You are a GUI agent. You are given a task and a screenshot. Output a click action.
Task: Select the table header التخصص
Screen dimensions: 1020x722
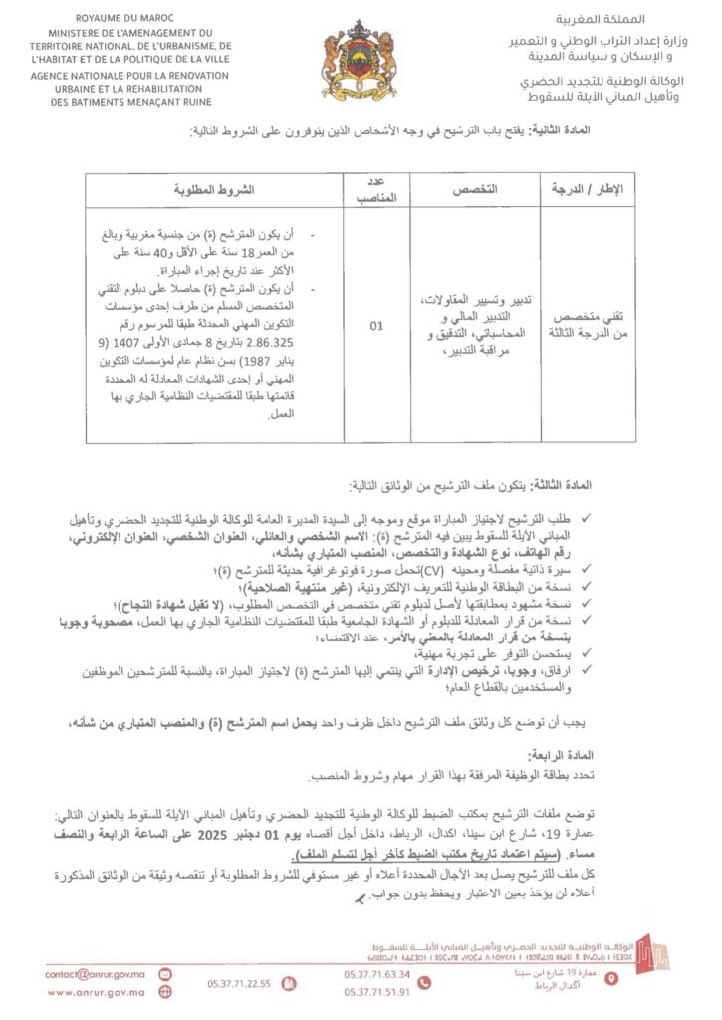(x=474, y=190)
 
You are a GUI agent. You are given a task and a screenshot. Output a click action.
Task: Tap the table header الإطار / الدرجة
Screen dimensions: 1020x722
(x=589, y=190)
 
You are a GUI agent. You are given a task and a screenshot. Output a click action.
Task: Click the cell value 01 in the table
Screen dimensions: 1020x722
(x=375, y=325)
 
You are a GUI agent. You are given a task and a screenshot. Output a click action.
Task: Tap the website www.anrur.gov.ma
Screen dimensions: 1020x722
(x=96, y=992)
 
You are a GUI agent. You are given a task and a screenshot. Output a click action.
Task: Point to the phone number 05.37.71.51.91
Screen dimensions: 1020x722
(x=376, y=992)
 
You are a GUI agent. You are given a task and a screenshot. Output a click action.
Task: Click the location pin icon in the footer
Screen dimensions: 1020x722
(x=611, y=980)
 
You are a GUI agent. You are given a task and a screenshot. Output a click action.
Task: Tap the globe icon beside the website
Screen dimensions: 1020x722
(x=165, y=992)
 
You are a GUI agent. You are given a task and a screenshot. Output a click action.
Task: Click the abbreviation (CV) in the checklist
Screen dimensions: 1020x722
(x=433, y=568)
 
